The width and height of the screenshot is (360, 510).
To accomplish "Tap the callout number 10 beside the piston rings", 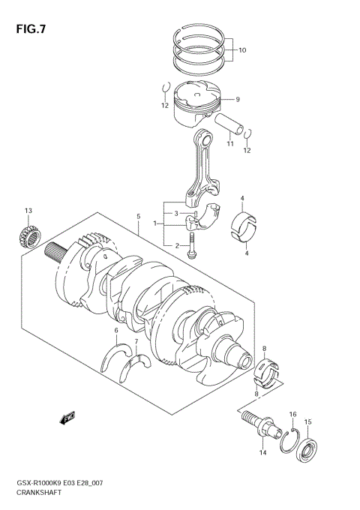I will click(x=241, y=51).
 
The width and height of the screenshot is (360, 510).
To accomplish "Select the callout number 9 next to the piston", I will click(x=237, y=100).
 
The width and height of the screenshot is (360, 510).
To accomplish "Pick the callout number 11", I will click(x=230, y=143).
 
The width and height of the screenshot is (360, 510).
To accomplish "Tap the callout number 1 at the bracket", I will click(x=155, y=223).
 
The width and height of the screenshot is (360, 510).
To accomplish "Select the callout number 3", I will click(x=176, y=214).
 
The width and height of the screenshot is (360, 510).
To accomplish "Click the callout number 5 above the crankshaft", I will click(x=139, y=217).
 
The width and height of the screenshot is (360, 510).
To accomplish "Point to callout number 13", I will click(x=28, y=211).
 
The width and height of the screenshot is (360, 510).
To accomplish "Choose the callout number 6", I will click(x=116, y=330).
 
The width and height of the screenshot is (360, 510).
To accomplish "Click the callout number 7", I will click(x=136, y=341).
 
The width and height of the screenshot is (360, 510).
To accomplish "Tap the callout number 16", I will click(x=293, y=413).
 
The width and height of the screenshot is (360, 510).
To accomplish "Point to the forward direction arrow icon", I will click(x=67, y=416).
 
